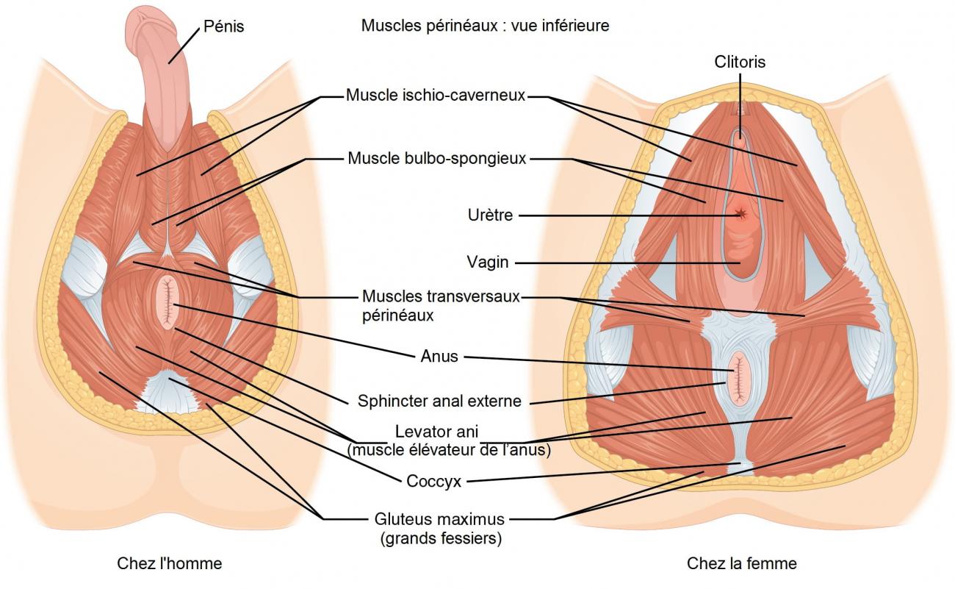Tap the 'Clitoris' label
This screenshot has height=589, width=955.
pos(740,63)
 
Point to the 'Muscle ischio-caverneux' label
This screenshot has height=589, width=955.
pos(436,96)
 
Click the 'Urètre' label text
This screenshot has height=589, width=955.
pos(490,215)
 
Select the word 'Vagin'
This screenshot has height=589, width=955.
pos(488,262)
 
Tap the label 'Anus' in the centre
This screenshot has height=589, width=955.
pos(439,357)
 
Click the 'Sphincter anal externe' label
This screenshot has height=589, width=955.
pos(439,401)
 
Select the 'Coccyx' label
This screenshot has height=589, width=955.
pos(433,482)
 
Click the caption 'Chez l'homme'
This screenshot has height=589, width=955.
pos(170,564)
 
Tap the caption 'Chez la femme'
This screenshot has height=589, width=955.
pos(741,564)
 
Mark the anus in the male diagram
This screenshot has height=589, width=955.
pos(167,301)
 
